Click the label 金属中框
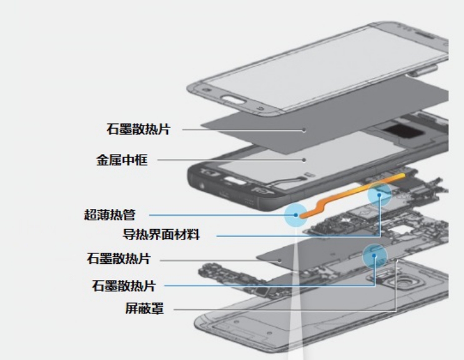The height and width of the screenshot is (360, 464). tap(122, 160)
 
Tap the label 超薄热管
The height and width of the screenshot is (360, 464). tap(110, 215)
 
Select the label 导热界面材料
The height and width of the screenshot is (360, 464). tap(161, 235)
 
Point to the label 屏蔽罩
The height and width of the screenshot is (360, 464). tap(144, 308)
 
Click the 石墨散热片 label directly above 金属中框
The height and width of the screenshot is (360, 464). tap(139, 129)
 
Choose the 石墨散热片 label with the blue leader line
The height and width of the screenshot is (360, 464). tap(124, 286)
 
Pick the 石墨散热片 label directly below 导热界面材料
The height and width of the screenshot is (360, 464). tap(119, 258)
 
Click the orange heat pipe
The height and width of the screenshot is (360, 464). tap(352, 195)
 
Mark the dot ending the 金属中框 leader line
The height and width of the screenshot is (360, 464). tap(304, 160)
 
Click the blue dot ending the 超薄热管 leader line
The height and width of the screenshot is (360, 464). tap(295, 215)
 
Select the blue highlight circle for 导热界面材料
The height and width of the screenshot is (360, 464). tap(379, 195)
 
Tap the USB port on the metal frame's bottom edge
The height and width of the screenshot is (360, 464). tap(224, 195)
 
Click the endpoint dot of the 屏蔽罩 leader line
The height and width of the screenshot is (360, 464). tap(397, 260)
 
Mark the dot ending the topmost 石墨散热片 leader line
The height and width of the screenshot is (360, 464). tap(304, 130)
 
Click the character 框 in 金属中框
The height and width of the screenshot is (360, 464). tap(141, 160)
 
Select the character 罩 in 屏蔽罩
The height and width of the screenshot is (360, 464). tap(157, 308)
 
